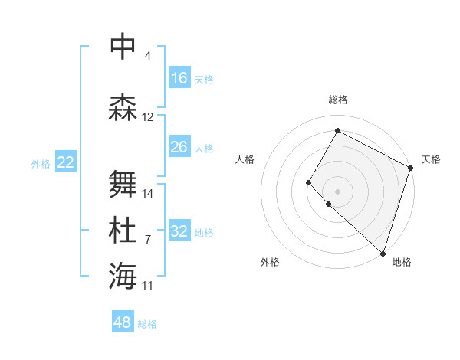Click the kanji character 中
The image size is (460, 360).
click(123, 46)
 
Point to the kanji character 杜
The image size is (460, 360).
click(123, 231)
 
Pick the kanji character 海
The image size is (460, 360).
click(123, 276)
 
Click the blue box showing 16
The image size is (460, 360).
click(179, 78)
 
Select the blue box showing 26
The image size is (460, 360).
click(179, 147)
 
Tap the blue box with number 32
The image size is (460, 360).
click(179, 231)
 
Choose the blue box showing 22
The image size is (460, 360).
click(66, 162)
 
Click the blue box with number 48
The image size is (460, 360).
click(123, 322)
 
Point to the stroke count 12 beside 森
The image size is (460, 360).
click(148, 117)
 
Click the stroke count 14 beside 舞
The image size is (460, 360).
click(148, 193)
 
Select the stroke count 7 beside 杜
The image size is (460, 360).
click(148, 239)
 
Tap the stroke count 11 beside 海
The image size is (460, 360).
click(148, 285)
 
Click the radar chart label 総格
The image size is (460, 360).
click(337, 100)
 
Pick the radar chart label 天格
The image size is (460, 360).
click(431, 159)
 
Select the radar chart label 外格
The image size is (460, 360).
click(270, 262)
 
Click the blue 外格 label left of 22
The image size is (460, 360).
click(41, 163)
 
